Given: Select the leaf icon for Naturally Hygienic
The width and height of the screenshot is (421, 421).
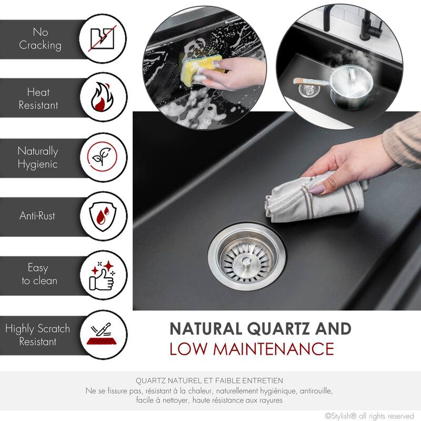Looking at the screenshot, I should (104, 157).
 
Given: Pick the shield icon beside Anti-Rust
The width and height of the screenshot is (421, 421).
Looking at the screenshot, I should (104, 216).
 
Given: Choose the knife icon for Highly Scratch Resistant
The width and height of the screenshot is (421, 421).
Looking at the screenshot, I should (104, 335).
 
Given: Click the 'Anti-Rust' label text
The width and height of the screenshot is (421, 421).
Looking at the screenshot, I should (38, 216).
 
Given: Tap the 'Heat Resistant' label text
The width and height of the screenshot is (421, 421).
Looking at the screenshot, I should (38, 98).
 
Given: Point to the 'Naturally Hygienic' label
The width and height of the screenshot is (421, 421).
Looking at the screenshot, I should (38, 157).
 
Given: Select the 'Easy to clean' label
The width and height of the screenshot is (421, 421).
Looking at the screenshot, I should (38, 275).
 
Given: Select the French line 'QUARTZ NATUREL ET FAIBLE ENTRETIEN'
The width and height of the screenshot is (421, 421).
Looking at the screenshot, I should (209, 380).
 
